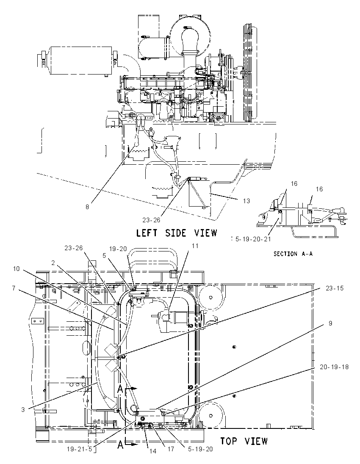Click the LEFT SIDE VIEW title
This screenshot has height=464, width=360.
pos(177,233)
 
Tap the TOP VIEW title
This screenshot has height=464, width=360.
pos(244,441)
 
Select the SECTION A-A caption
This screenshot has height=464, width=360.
pos(293,254)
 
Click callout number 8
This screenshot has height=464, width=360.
pos(87,207)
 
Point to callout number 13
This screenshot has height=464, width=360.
pos(246,201)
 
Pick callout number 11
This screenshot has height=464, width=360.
pos(195,246)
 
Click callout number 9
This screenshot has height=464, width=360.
pos(330,323)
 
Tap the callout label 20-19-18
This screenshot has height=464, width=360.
pos(334,367)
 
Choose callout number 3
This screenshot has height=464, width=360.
pos(23,410)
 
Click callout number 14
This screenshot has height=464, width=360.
pos(153,451)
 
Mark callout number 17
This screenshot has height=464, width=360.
pos(171,449)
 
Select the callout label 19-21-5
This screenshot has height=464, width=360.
pos(80,449)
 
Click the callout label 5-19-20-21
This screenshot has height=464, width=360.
pos(253,239)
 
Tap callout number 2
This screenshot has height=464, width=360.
pos(53,262)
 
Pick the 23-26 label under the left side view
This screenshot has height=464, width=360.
pos(151,220)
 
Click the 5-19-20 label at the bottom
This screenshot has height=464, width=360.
pos(200,449)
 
